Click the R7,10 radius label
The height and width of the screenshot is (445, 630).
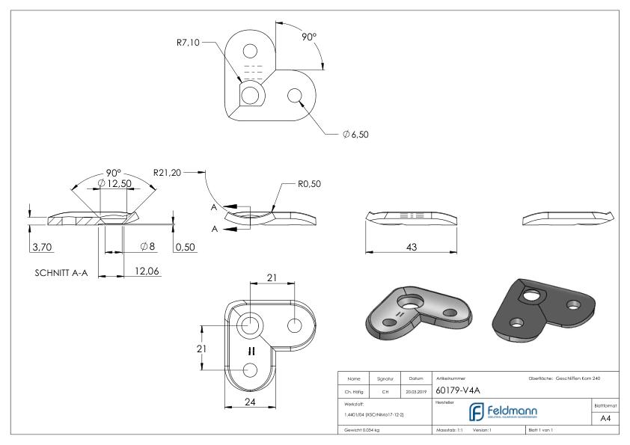click(183, 42)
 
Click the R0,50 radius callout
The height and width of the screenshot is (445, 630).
click(305, 184)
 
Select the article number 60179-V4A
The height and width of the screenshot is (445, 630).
click(460, 387)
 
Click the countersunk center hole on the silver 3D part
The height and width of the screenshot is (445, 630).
click(410, 302)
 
